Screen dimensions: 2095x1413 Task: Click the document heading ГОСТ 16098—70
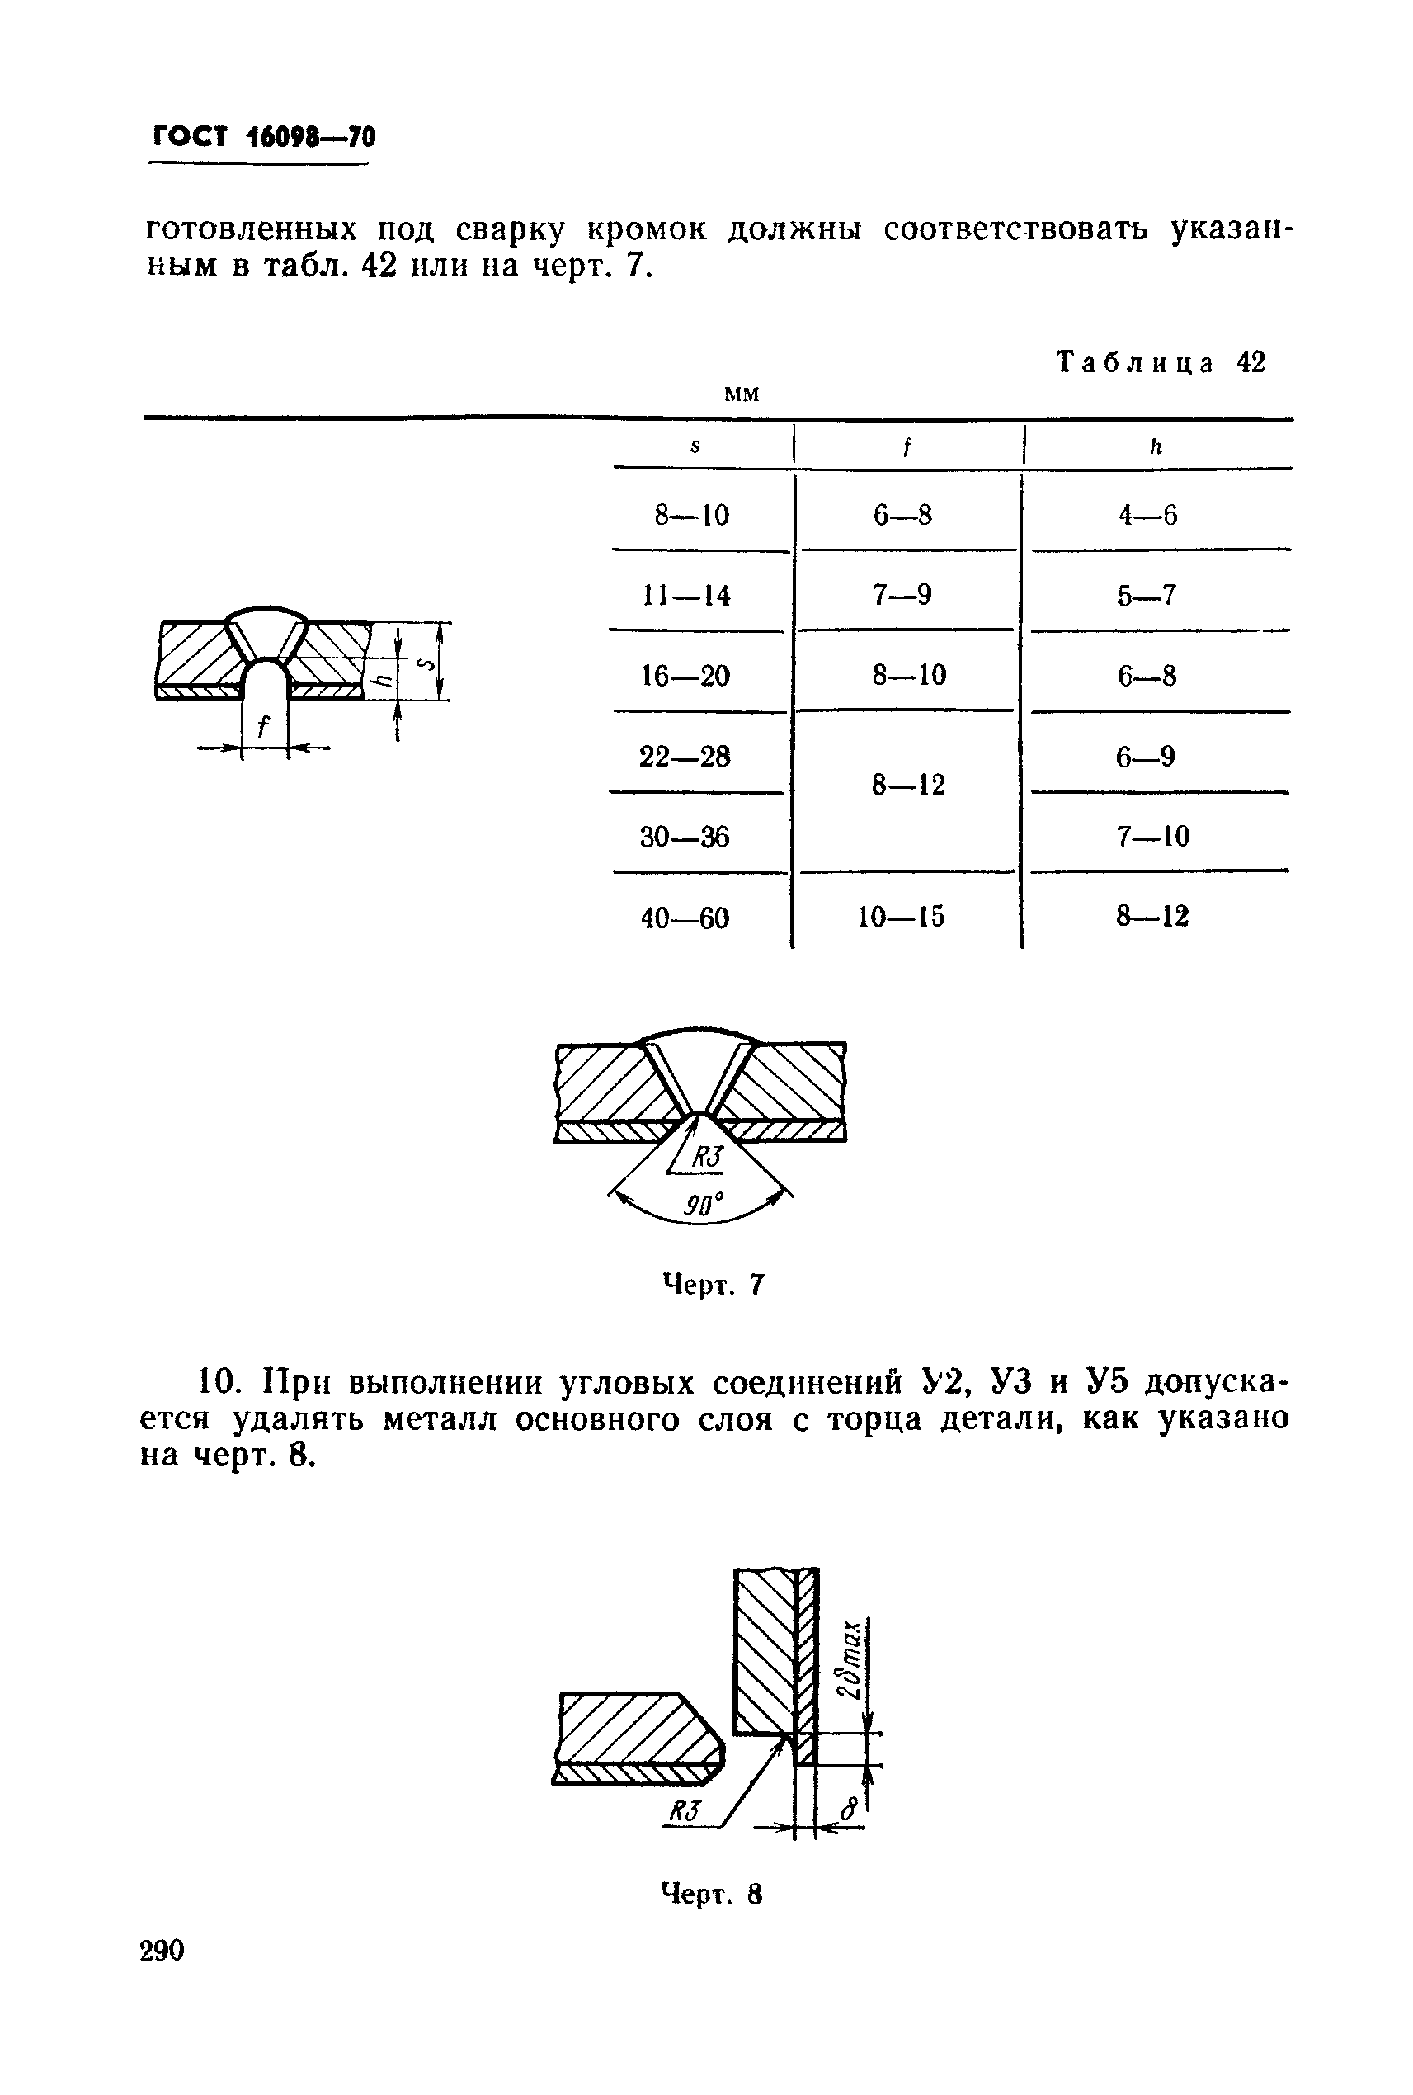[x=263, y=137]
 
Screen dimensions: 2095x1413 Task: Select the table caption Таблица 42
[x=1161, y=362]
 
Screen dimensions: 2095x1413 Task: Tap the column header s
[x=695, y=446]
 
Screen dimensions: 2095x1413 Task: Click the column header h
[x=1156, y=446]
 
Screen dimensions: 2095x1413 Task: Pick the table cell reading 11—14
[x=685, y=596]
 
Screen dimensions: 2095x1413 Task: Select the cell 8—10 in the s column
[x=691, y=516]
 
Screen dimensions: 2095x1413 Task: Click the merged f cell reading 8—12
[x=907, y=786]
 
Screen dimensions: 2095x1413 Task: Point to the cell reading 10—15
[x=901, y=918]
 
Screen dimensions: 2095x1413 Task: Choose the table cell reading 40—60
[x=685, y=918]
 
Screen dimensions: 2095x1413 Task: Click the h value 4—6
[x=1147, y=516]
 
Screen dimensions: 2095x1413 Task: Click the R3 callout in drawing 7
[x=706, y=1158]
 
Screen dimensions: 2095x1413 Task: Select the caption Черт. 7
[x=713, y=1284]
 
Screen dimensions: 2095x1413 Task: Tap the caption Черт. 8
[x=712, y=1894]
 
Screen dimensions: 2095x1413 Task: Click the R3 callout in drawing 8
[x=685, y=1810]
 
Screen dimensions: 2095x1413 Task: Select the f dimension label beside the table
[x=263, y=727]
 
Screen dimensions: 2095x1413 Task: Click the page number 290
[x=162, y=1951]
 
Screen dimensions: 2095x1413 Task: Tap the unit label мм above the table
[x=742, y=394]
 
